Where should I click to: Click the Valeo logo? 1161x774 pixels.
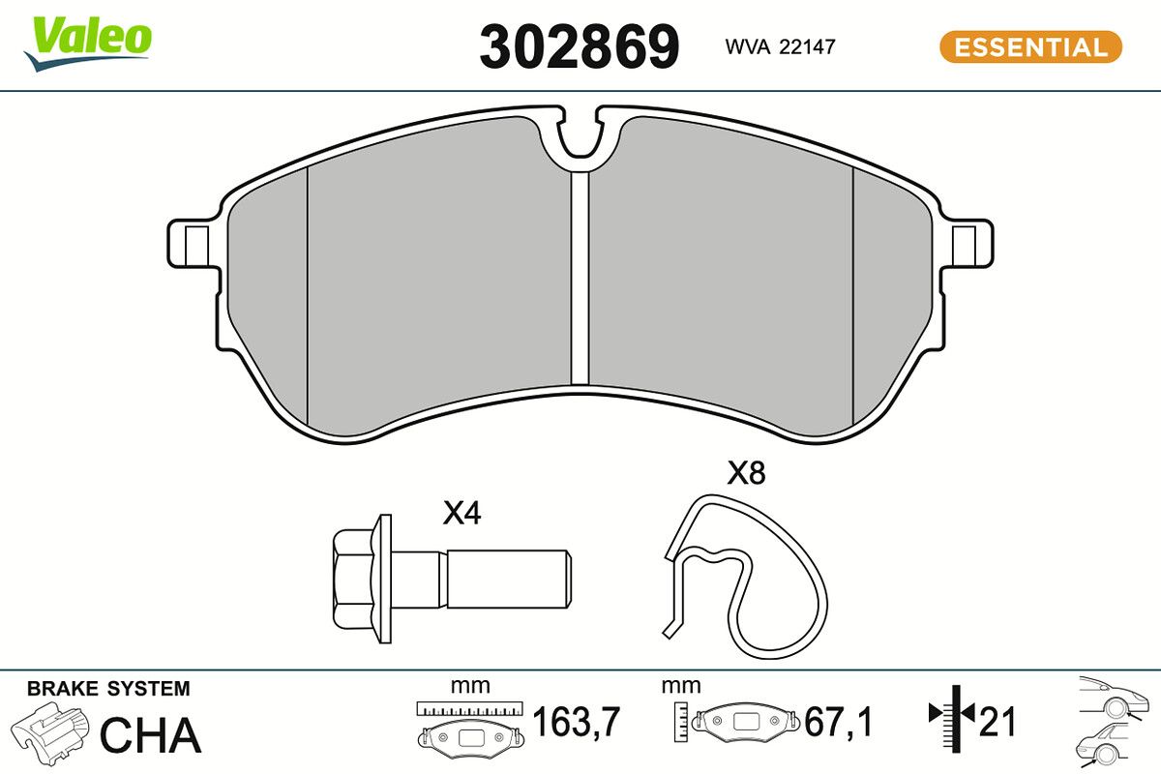click(x=88, y=44)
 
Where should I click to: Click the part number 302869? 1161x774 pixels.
click(x=579, y=46)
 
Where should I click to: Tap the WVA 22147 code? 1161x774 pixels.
click(x=780, y=46)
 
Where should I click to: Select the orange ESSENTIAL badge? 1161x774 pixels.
click(x=1031, y=47)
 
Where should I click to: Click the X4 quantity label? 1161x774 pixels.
click(x=461, y=513)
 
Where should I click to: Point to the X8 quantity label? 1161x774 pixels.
click(x=746, y=473)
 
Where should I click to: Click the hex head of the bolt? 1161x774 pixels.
click(x=353, y=579)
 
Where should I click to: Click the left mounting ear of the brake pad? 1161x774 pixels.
click(x=193, y=244)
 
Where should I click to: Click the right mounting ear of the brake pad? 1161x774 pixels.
click(x=967, y=244)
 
